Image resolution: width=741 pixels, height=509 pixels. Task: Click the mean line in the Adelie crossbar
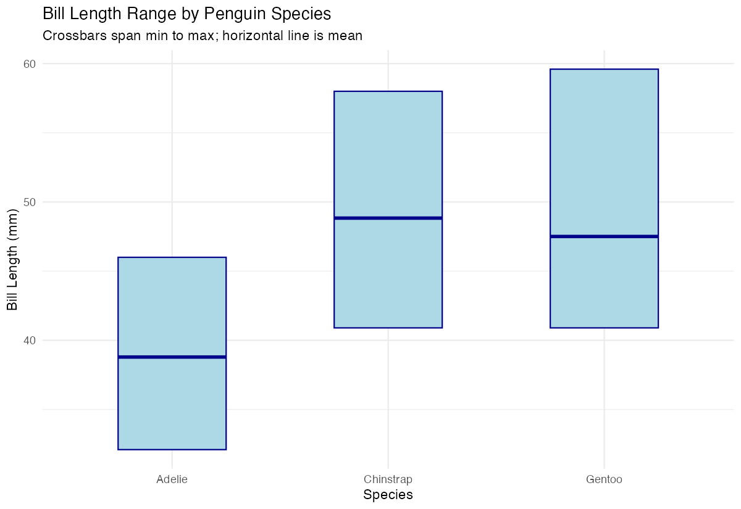coord(172,357)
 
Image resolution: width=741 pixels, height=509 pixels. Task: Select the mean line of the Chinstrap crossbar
coord(388,218)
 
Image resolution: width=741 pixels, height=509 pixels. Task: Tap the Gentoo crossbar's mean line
coord(604,236)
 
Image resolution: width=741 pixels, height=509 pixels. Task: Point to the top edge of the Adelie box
coord(172,257)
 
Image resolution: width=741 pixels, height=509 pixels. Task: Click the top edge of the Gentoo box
coord(604,70)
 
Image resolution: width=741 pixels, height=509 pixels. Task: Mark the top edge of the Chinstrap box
coord(388,91)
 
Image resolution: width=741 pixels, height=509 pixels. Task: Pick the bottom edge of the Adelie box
coord(172,449)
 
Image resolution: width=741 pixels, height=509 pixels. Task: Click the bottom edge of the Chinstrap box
coord(388,328)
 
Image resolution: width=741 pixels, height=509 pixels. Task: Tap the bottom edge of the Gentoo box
coord(604,328)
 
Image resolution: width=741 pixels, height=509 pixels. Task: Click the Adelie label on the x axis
coord(172,479)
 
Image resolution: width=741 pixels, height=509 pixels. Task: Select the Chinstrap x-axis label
coord(388,479)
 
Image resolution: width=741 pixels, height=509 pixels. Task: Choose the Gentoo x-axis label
coord(604,479)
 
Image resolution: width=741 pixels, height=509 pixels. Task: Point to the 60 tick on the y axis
coord(30,64)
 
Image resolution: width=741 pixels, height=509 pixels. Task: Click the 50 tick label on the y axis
coord(30,202)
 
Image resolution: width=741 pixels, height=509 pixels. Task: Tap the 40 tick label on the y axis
coord(30,340)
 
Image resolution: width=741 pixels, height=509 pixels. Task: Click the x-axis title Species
coord(388,495)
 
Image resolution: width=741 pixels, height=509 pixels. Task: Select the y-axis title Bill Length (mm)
coord(12,259)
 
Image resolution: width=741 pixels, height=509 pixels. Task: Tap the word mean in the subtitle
coord(346,36)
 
